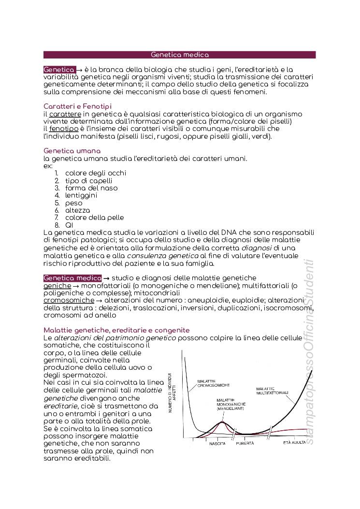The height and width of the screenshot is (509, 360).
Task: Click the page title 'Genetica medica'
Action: [x=180, y=55]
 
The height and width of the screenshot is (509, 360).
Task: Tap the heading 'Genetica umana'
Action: [x=72, y=151]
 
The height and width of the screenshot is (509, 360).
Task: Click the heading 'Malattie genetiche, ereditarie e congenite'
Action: [x=116, y=330]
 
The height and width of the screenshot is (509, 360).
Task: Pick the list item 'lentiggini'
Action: [x=81, y=195]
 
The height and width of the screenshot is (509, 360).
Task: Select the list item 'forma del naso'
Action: [x=91, y=188]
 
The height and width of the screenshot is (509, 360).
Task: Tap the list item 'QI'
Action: [x=69, y=225]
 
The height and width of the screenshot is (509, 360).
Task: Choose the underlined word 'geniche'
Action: [x=58, y=286]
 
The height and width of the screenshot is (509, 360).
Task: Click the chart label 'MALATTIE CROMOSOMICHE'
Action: [x=213, y=383]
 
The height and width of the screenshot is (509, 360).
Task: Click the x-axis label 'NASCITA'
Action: [x=217, y=443]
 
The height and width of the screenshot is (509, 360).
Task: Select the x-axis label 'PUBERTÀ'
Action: [x=245, y=443]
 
